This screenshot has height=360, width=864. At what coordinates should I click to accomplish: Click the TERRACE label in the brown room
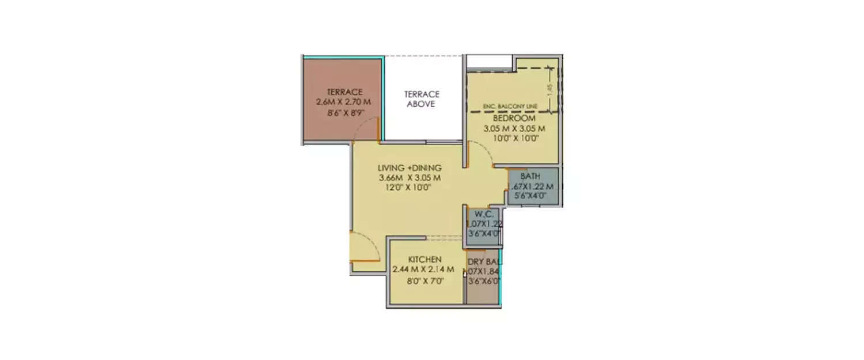pyautogui.click(x=344, y=92)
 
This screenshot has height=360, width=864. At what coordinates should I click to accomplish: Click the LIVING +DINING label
pyautogui.click(x=409, y=168)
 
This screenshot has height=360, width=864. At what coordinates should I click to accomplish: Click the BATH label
pyautogui.click(x=530, y=176)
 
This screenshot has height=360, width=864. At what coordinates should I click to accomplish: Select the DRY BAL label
pyautogui.click(x=483, y=260)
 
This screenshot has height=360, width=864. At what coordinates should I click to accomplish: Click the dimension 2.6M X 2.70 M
pyautogui.click(x=343, y=102)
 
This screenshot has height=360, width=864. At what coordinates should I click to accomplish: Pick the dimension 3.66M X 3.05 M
pyautogui.click(x=409, y=177)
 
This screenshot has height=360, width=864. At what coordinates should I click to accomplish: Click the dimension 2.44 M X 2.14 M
pyautogui.click(x=423, y=270)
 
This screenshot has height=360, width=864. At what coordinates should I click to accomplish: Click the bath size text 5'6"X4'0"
pyautogui.click(x=530, y=196)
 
